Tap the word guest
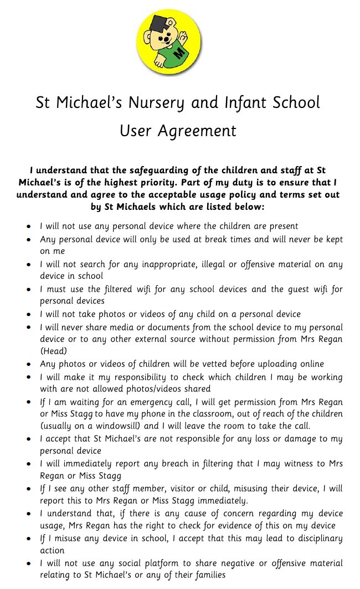[x=299, y=289]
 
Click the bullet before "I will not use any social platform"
[x=28, y=563]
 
